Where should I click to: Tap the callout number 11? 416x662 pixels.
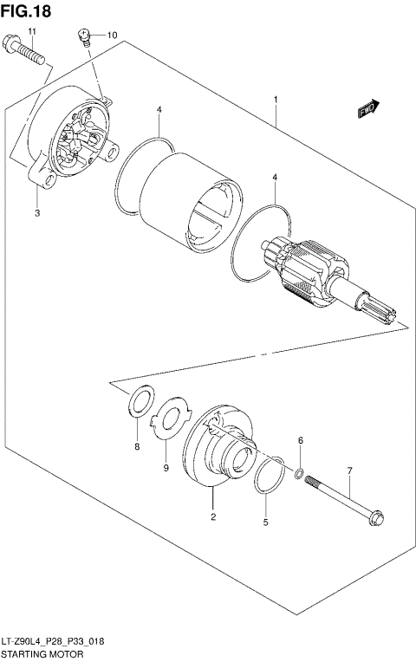pos(32,32)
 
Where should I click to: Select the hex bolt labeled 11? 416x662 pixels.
pos(26,52)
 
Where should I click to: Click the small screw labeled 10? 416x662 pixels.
pos(84,37)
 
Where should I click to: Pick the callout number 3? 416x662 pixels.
pos(37,212)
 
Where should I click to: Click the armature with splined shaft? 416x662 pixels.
pos(321,277)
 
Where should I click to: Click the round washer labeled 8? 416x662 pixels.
pos(140,401)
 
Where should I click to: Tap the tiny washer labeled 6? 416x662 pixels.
pos(299,473)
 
